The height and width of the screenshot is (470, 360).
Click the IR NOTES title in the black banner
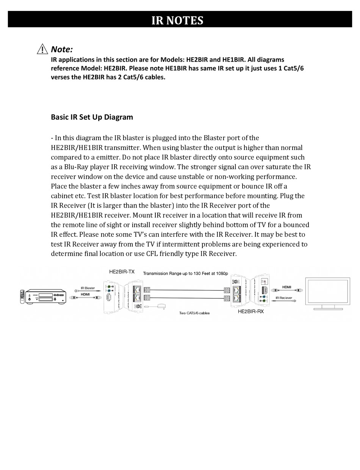[x=177, y=20]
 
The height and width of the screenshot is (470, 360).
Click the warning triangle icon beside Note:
[x=43, y=49]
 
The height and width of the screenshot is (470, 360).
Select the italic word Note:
[x=62, y=49]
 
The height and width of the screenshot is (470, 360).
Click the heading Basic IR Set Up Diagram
[x=92, y=117]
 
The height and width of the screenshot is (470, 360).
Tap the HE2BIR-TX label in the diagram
[x=122, y=272]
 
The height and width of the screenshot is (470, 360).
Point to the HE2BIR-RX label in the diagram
[x=250, y=311]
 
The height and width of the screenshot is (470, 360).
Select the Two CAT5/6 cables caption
[x=194, y=313]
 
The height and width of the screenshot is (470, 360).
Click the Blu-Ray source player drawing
[x=47, y=297]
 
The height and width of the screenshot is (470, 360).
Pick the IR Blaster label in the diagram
[x=88, y=288]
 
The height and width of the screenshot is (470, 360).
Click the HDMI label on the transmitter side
[x=85, y=294]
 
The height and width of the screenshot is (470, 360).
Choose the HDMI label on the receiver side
[x=286, y=287]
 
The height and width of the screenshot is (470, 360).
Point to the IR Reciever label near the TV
[x=284, y=298]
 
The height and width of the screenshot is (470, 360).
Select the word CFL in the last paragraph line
[x=154, y=254]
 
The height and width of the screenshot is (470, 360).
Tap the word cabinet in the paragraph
[x=63, y=196]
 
